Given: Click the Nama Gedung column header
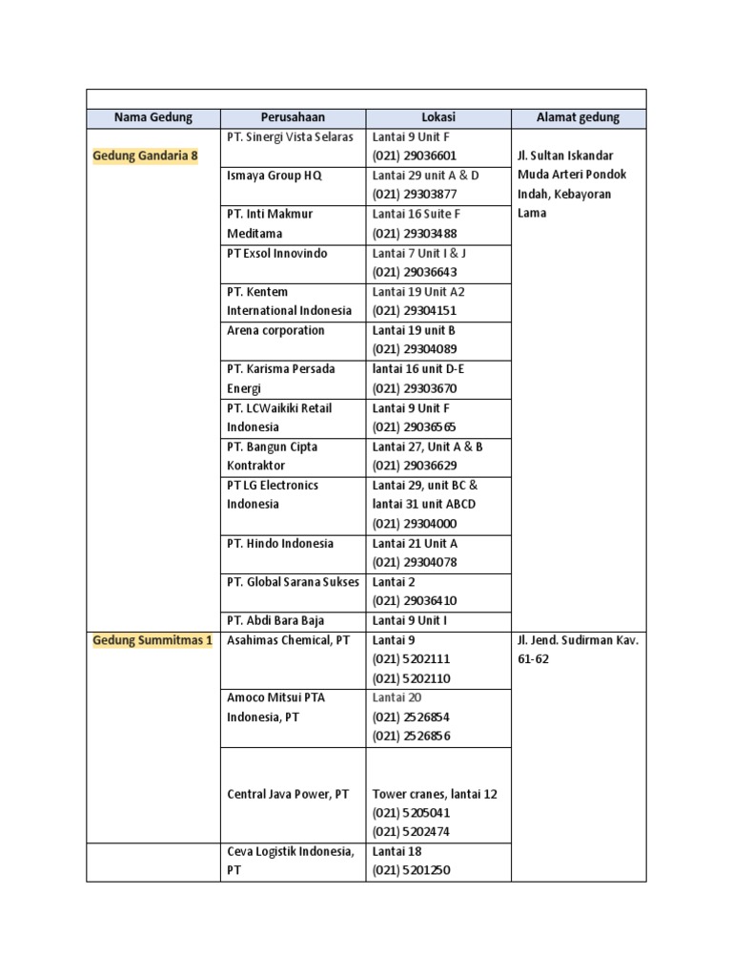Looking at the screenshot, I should tap(152, 117).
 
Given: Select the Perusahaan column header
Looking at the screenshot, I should tap(293, 117).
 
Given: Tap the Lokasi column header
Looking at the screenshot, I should tap(438, 117).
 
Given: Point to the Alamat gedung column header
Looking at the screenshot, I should tap(578, 117).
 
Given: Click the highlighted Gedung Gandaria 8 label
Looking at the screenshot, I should tap(145, 156).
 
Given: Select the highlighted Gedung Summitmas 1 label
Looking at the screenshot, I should tap(152, 640).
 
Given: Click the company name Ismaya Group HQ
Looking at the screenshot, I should tap(275, 176).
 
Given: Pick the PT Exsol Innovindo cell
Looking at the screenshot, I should tap(276, 253).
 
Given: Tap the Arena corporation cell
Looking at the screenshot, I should tap(275, 330).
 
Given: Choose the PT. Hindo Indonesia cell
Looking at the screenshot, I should tap(280, 543).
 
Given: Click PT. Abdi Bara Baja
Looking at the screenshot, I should tap(276, 620).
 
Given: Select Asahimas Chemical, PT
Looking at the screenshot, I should tap(288, 640).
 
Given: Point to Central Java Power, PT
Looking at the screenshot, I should tap(288, 794).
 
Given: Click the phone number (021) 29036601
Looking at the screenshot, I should tap(415, 156).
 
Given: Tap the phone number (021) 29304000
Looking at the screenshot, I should tap(415, 524).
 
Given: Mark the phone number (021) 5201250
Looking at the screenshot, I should tap(411, 870).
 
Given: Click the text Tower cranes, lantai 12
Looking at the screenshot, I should tap(435, 794).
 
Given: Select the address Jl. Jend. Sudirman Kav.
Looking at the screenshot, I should tap(578, 640).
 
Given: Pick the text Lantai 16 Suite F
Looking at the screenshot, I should tap(417, 214).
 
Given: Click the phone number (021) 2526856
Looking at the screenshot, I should tap(411, 736).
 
